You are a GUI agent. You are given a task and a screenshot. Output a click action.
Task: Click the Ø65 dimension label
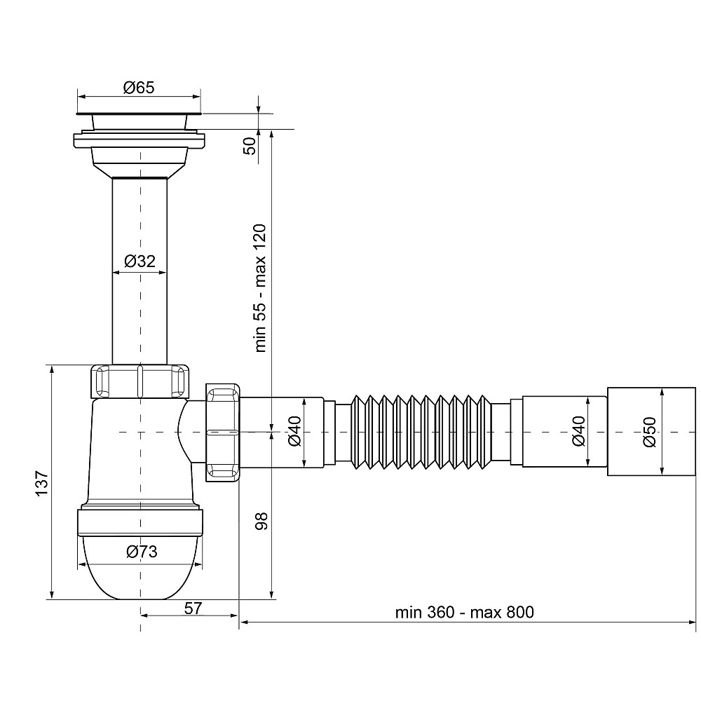pyautogui.click(x=139, y=88)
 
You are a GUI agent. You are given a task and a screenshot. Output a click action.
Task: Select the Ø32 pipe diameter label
pyautogui.click(x=139, y=261)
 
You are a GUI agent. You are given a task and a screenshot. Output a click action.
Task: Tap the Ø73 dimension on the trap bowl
pyautogui.click(x=142, y=552)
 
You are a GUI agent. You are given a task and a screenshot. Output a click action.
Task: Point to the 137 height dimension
pyautogui.click(x=41, y=483)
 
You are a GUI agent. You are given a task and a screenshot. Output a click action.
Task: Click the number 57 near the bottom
pyautogui.click(x=193, y=608)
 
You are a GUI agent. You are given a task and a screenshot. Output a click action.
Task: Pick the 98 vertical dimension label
pyautogui.click(x=261, y=522)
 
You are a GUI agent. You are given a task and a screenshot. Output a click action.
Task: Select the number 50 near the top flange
pyautogui.click(x=250, y=147)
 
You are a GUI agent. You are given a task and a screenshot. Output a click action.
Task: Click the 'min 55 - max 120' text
pyautogui.click(x=260, y=288)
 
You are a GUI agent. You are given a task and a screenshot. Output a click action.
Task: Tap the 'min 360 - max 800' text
pyautogui.click(x=465, y=612)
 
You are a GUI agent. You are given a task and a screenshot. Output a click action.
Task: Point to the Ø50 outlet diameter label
pyautogui.click(x=649, y=432)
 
